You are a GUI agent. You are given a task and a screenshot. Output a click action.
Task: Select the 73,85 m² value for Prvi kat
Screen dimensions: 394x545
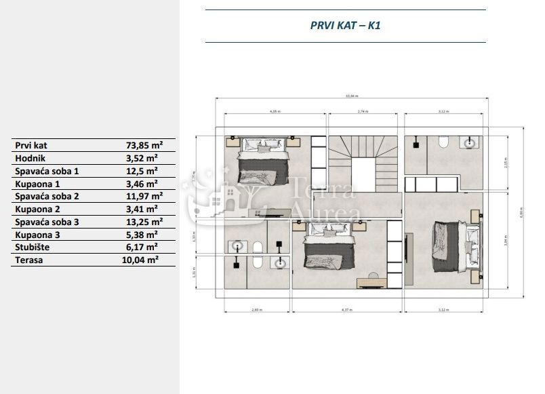coord(144,145)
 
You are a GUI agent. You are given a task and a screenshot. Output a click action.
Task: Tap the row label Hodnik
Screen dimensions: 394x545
coord(30,158)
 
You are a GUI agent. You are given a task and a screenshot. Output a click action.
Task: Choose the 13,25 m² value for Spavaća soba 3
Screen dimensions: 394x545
coord(144,222)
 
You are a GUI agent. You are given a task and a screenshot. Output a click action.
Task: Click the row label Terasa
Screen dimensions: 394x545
coord(28,260)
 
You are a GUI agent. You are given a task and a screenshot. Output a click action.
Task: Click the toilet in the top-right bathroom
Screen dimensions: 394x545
coord(443,142)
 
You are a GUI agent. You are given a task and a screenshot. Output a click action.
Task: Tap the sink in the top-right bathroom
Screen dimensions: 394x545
coord(470,142)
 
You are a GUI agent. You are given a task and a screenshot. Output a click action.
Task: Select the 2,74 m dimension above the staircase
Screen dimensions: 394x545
coord(362,111)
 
